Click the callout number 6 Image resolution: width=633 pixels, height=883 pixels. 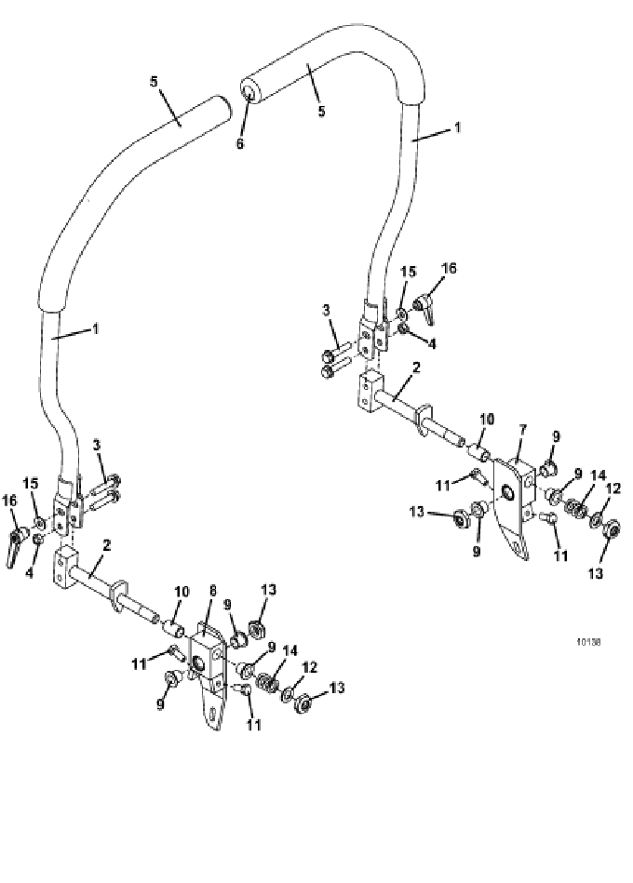[x=240, y=143]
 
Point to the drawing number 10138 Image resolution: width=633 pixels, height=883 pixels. [x=588, y=641]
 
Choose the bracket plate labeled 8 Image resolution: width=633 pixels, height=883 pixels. [x=208, y=670]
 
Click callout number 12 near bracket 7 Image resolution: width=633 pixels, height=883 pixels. [x=613, y=488]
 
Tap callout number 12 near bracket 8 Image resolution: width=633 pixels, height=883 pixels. [x=310, y=667]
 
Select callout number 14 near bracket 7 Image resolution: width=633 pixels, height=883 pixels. [x=598, y=475]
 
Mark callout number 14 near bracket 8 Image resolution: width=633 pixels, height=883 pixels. [x=290, y=650]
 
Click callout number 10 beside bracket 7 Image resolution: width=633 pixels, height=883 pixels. [x=487, y=419]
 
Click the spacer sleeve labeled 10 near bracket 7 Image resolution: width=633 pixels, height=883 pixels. [x=479, y=451]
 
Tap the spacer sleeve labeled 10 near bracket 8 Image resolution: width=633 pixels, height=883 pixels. [x=173, y=625]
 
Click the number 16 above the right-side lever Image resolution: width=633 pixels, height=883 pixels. [x=449, y=268]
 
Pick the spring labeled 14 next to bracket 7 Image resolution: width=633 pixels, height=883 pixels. [x=574, y=510]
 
